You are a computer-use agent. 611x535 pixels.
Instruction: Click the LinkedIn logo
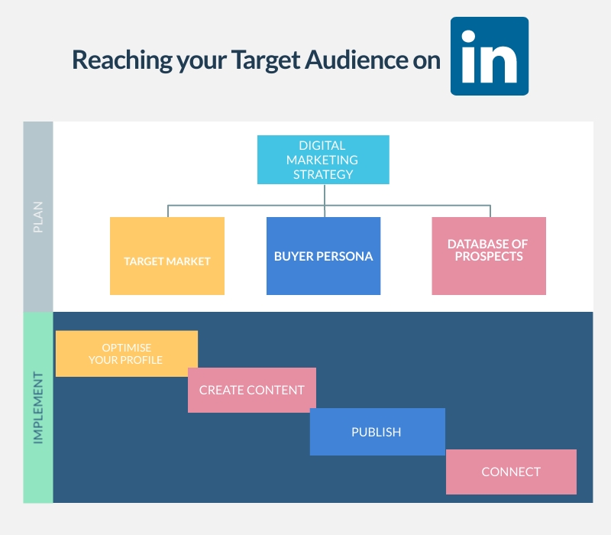coord(490,56)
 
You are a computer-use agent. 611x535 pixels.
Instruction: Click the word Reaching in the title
coord(122,60)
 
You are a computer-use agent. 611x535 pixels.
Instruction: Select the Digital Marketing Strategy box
coord(323,160)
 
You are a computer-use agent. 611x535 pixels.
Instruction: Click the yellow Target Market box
coord(167,256)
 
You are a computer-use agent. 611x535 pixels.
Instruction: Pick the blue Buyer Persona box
coord(323,256)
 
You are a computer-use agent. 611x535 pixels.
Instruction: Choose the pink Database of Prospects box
coord(489,256)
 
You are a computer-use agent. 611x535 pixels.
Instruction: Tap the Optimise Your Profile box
coord(127,354)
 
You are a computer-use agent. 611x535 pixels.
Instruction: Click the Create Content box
coord(252,390)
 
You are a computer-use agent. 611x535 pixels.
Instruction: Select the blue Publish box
coord(377,432)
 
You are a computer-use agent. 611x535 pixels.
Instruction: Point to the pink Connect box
coord(511,472)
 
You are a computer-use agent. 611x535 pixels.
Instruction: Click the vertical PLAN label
coord(37,217)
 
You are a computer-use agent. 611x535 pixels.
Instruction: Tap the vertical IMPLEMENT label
coord(37,407)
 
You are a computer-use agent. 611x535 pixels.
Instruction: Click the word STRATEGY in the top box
coord(323,174)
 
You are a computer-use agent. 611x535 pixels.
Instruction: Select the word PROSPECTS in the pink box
coord(489,256)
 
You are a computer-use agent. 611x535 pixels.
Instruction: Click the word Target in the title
coord(266,60)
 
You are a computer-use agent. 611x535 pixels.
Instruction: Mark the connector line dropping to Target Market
coord(168,211)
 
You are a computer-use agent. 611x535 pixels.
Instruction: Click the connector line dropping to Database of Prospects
coord(490,211)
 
